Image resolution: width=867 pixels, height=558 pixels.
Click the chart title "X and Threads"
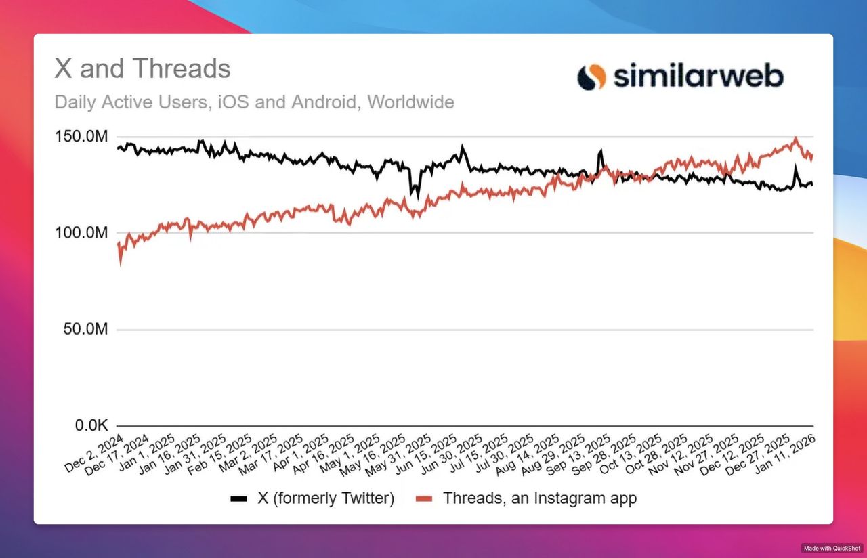pyautogui.click(x=142, y=69)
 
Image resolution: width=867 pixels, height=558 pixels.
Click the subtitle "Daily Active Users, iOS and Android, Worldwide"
pyautogui.click(x=254, y=103)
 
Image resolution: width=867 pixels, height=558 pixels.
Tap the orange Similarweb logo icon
pyautogui.click(x=591, y=77)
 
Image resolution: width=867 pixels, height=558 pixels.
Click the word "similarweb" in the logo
pyautogui.click(x=698, y=76)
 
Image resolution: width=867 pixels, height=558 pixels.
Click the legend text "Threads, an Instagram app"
pyautogui.click(x=540, y=499)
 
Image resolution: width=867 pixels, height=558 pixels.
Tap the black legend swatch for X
pyautogui.click(x=238, y=499)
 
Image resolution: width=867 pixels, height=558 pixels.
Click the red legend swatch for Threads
pyautogui.click(x=424, y=499)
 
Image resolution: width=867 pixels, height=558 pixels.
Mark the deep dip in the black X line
pyautogui.click(x=417, y=196)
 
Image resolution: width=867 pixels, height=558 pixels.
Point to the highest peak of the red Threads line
pyautogui.click(x=796, y=139)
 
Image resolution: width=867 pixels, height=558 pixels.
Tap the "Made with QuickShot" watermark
pyautogui.click(x=832, y=548)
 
